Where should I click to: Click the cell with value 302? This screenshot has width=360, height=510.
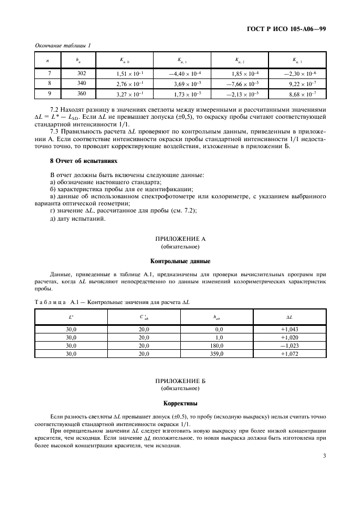(82, 73)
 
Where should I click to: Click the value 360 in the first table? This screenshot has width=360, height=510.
(82, 94)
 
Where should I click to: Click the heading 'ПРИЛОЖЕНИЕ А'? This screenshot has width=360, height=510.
(180, 239)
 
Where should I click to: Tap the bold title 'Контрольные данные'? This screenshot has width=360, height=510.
(180, 261)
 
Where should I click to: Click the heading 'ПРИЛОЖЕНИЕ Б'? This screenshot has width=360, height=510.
(180, 381)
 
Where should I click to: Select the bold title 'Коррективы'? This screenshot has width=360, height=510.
(180, 404)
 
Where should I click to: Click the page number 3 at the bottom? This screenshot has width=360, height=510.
(324, 464)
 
